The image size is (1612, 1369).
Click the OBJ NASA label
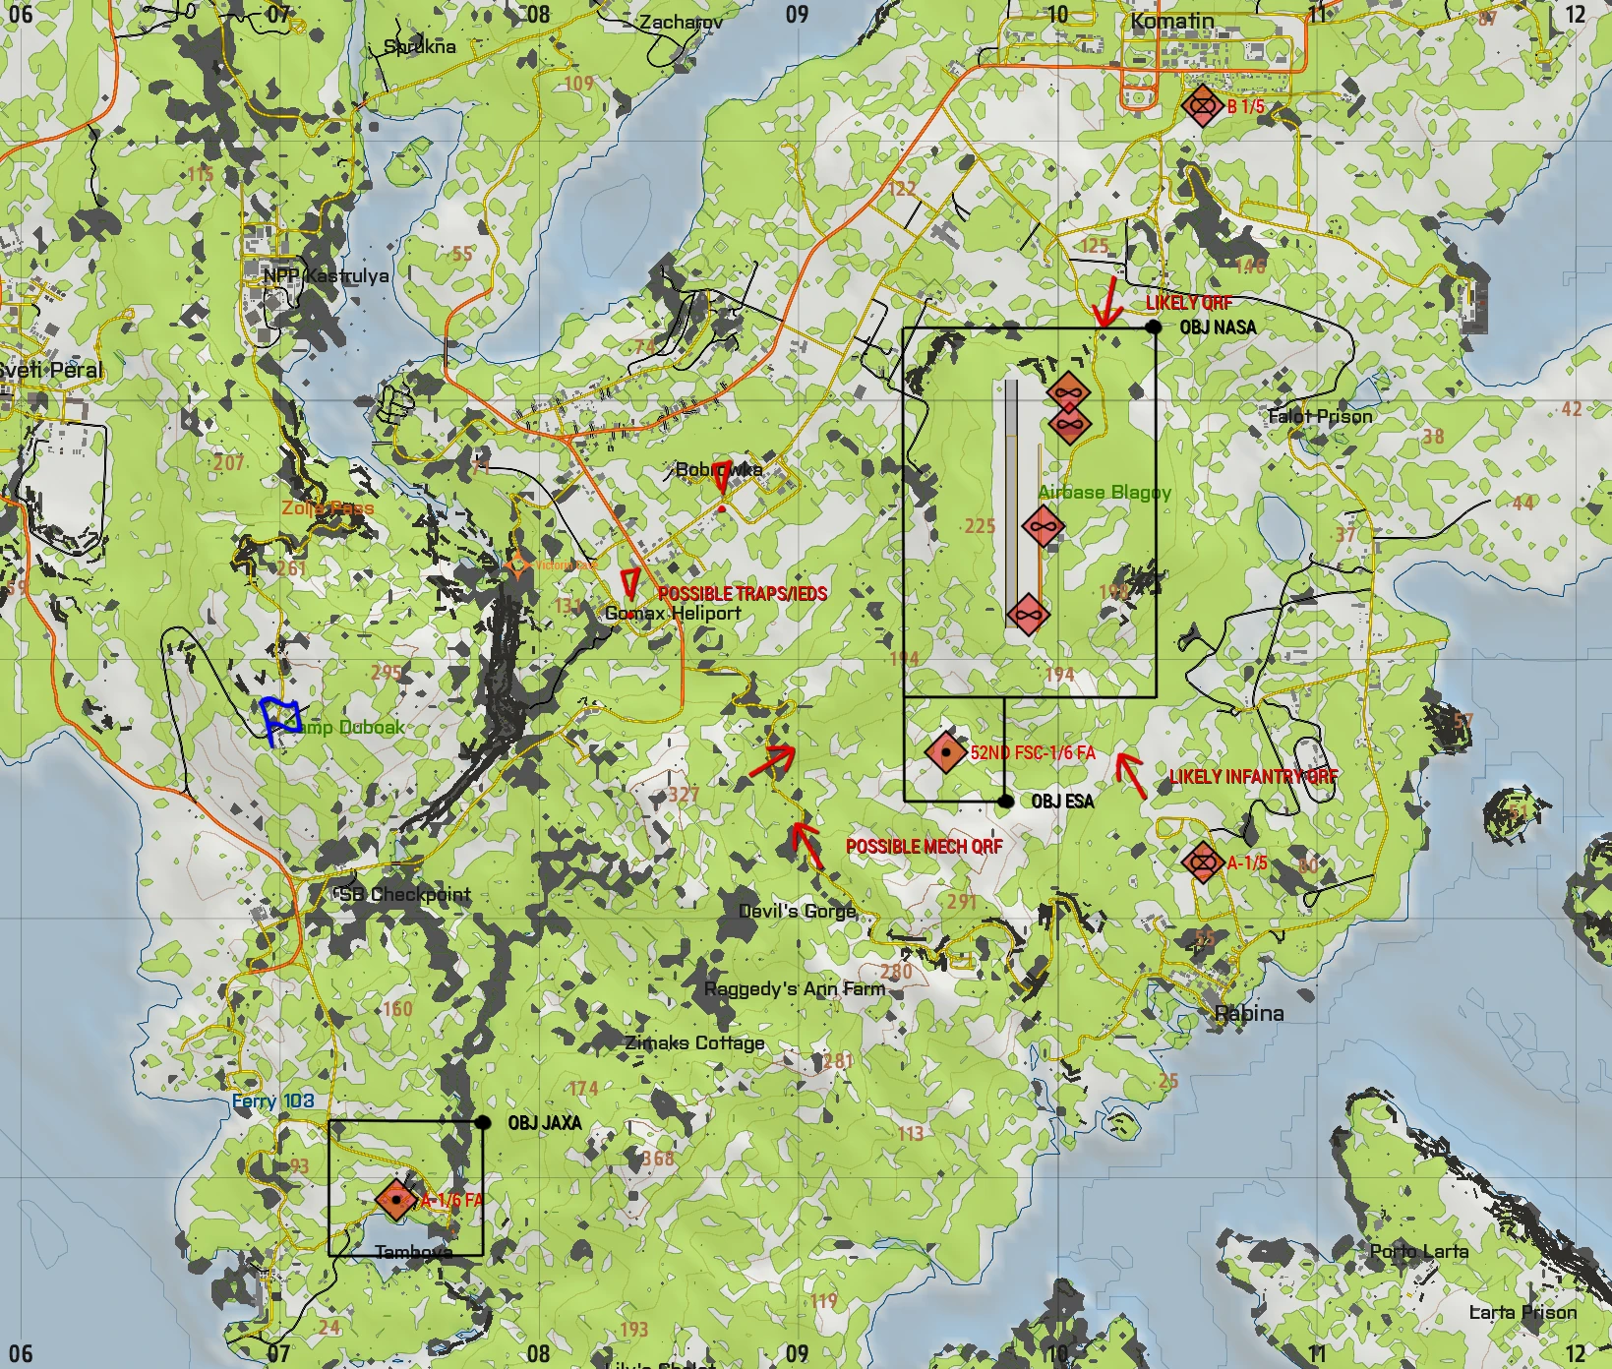(x=1218, y=327)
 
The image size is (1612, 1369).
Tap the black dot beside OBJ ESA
(x=1005, y=802)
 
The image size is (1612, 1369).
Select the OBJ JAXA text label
(x=544, y=1123)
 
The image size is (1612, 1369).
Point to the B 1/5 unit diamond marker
(x=1201, y=105)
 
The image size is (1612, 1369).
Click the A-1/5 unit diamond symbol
(x=1202, y=863)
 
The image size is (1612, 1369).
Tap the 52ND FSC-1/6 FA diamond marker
(x=946, y=752)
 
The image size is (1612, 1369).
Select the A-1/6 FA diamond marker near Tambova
(x=395, y=1200)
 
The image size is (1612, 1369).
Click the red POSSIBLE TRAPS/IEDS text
(x=742, y=594)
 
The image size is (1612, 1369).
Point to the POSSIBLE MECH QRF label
(x=924, y=847)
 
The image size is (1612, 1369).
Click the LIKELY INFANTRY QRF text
(x=1253, y=777)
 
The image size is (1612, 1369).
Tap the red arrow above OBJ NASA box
(x=1107, y=302)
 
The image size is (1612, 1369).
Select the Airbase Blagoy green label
(x=1105, y=492)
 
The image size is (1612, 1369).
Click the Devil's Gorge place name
(x=797, y=912)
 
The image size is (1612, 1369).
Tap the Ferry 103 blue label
(x=272, y=1101)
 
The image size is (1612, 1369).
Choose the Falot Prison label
(x=1320, y=416)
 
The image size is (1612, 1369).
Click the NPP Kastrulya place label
(x=326, y=276)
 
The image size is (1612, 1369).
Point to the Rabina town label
(x=1249, y=1013)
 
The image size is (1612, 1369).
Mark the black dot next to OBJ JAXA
(x=483, y=1122)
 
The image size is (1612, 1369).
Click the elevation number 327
(x=684, y=795)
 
